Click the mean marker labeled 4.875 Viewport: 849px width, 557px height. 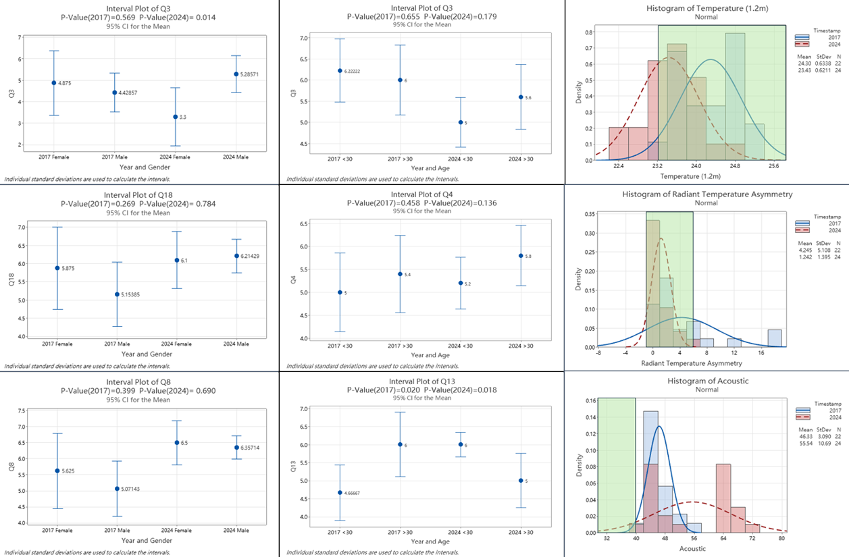[x=54, y=83]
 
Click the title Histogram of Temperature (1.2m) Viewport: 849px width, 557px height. [x=706, y=8]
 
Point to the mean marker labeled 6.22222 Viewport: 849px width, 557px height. [x=340, y=71]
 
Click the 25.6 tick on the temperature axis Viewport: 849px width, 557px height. [x=773, y=165]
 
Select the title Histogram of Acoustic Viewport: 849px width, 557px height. [x=706, y=381]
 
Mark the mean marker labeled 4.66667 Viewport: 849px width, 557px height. [x=340, y=493]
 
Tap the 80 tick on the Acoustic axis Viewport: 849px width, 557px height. [x=781, y=539]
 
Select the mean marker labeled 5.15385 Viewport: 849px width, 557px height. [x=116, y=294]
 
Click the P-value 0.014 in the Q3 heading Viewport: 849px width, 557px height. [x=202, y=16]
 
